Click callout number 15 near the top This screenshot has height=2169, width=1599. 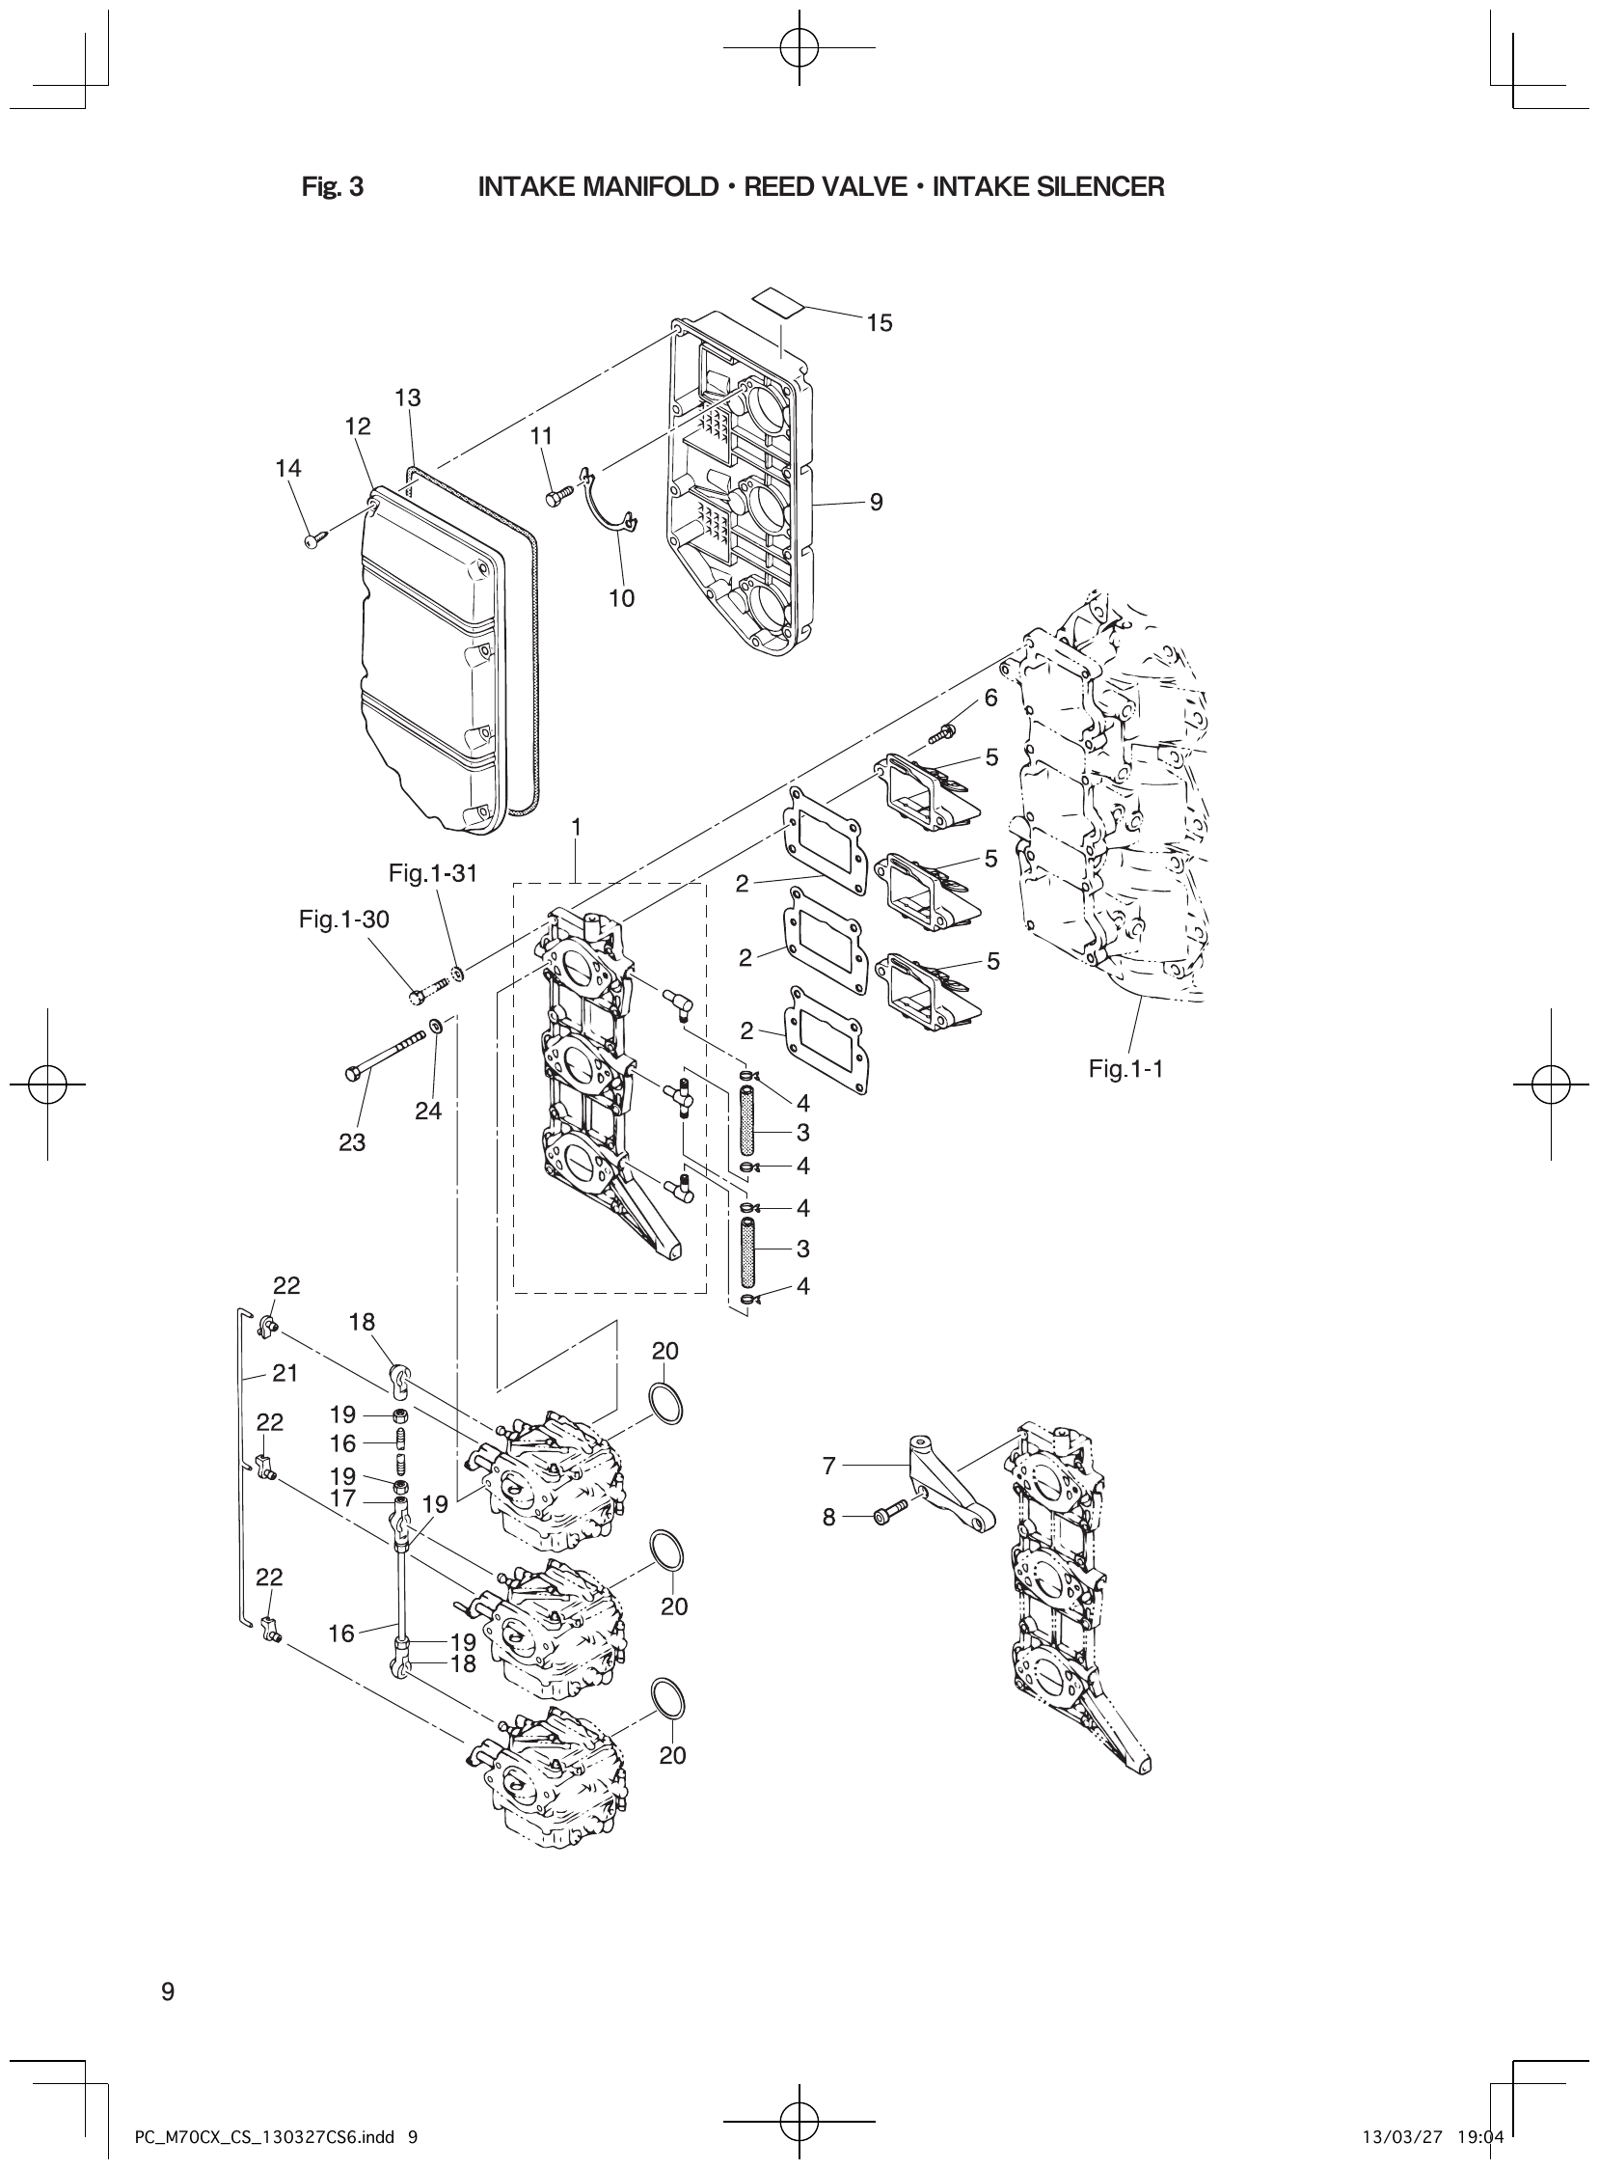pos(879,322)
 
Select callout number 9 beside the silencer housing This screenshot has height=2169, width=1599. pos(876,502)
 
